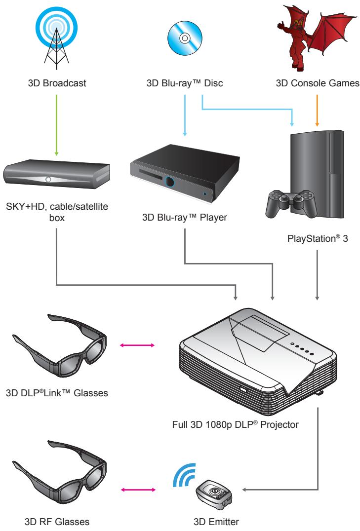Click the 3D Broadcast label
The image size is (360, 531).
coord(58,83)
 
